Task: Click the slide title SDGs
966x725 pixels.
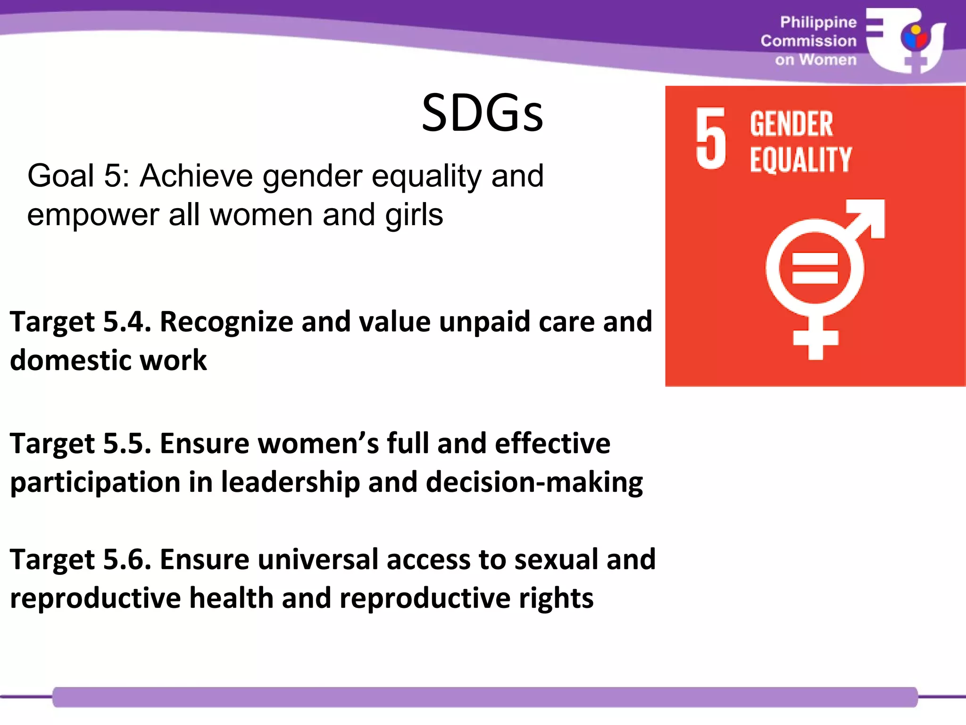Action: click(482, 113)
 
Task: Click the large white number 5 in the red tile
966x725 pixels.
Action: click(710, 138)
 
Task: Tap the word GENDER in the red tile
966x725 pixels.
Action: click(791, 124)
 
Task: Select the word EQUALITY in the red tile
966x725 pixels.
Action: click(800, 160)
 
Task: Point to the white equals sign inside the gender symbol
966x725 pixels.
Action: click(815, 268)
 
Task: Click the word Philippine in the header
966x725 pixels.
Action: click(818, 22)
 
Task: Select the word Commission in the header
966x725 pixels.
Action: click(808, 41)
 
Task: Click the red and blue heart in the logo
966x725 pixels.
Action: click(915, 39)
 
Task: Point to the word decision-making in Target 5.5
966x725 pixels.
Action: click(534, 483)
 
